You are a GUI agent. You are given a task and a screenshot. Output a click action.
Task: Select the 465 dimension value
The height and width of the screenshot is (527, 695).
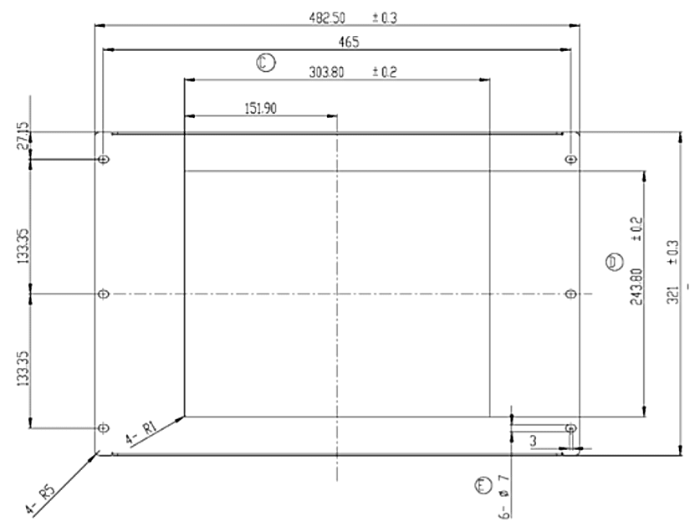[x=338, y=43]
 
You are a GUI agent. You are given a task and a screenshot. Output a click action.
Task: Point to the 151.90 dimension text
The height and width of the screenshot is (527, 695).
[x=261, y=107]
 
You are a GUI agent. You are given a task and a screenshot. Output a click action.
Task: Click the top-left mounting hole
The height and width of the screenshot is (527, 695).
[x=104, y=159]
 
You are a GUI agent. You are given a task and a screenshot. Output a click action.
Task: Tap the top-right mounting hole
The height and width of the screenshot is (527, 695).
[x=570, y=159]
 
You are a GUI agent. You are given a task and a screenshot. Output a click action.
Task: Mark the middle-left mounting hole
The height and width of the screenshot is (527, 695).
[x=104, y=294]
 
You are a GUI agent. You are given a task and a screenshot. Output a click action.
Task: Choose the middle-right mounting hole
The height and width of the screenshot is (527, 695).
[x=570, y=294]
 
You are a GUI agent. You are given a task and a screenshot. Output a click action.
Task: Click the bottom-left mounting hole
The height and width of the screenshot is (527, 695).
[x=104, y=427]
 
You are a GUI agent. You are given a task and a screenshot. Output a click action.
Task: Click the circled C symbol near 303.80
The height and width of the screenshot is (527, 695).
[x=265, y=61]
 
